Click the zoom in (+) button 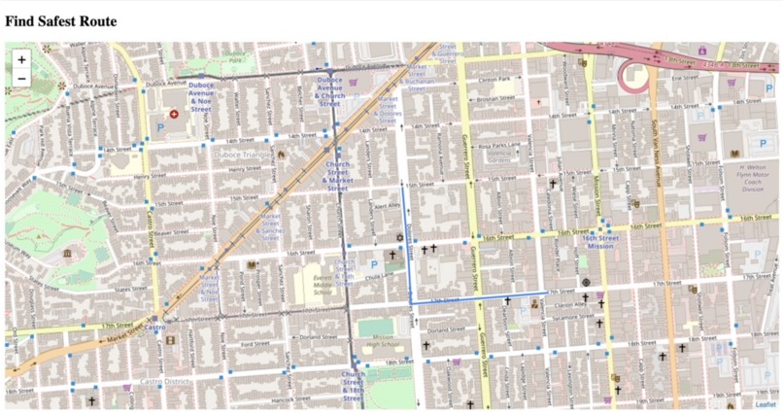tap(21, 60)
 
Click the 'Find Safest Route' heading tap(60, 21)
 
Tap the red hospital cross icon tap(175, 114)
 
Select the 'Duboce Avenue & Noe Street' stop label tap(201, 97)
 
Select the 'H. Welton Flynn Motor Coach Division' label tap(749, 177)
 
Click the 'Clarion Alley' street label tap(571, 304)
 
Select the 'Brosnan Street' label tap(495, 98)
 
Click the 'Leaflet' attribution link tap(766, 404)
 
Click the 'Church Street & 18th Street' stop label tap(354, 386)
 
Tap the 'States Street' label tap(131, 289)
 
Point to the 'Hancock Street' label tap(291, 398)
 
